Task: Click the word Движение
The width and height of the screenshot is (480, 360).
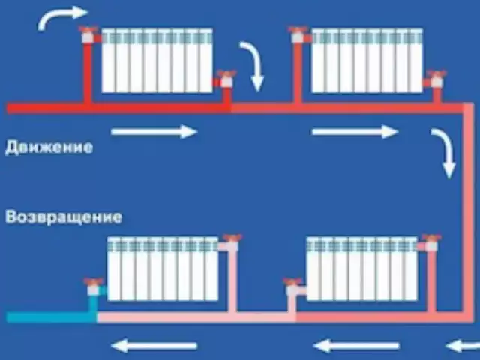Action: (x=49, y=147)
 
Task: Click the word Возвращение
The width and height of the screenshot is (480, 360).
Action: (x=63, y=217)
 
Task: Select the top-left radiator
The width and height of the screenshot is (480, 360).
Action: (x=157, y=61)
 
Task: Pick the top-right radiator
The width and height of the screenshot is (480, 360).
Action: (x=367, y=61)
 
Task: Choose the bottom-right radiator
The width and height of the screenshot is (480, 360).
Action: (x=361, y=268)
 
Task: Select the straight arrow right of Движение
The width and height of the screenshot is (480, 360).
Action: (x=154, y=132)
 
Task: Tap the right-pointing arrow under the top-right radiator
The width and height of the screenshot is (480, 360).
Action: (x=354, y=132)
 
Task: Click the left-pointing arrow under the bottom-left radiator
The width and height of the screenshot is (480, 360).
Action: (x=154, y=346)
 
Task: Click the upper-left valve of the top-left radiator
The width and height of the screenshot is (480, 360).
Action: (x=89, y=33)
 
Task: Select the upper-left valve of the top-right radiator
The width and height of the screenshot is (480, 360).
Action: (x=298, y=33)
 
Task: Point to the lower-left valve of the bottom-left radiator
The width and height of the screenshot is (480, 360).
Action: (x=93, y=285)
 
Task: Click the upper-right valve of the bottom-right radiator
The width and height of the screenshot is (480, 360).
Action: (x=430, y=241)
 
